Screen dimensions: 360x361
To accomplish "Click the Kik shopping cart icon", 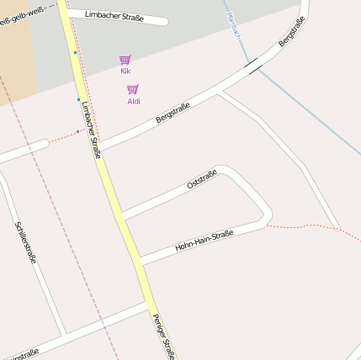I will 125,60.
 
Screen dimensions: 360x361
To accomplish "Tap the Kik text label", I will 125,71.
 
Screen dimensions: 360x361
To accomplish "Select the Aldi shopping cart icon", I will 133,89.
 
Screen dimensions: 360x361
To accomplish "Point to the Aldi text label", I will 133,101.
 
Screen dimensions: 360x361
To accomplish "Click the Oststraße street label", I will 202,180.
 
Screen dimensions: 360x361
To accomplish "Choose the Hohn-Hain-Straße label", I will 203,241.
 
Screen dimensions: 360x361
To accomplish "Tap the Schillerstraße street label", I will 26,242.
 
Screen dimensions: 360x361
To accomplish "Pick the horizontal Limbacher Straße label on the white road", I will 114,16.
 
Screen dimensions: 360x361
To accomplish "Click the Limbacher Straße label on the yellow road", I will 92,130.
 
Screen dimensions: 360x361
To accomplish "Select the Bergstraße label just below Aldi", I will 173,113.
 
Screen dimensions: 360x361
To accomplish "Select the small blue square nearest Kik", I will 75,52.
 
